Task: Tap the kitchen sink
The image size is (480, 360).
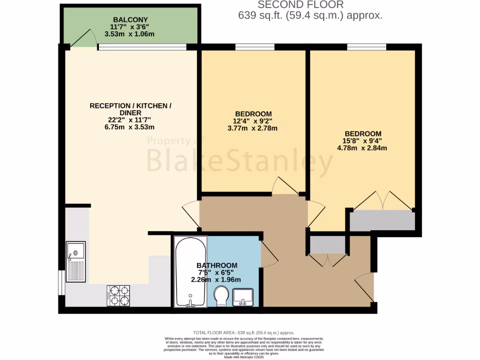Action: pos(75,262)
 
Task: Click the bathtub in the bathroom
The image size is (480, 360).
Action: pos(190,271)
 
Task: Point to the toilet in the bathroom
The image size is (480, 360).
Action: pos(221,296)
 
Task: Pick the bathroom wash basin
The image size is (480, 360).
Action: pos(242,297)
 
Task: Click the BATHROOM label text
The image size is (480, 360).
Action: pos(217,265)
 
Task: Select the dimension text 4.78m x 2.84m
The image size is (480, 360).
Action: pos(361,148)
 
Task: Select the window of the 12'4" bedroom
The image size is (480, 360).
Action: pos(255,47)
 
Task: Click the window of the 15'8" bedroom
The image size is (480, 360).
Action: pos(367,47)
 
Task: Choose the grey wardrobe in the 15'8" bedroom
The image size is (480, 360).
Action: pos(382,220)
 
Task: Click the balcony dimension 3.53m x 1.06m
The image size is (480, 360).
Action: pos(132,34)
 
